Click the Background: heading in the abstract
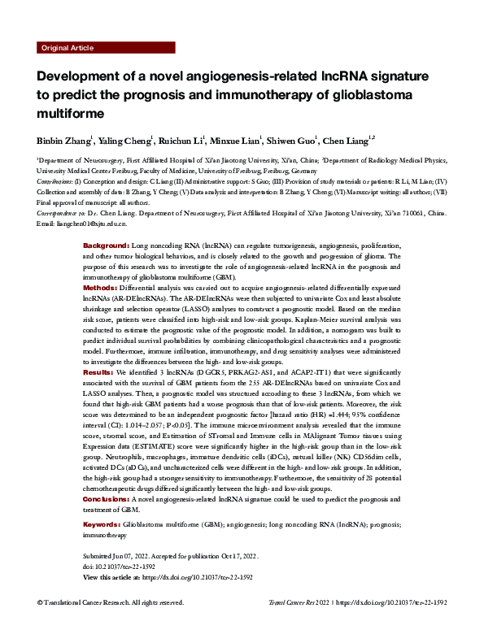[x=107, y=245]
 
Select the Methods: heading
[x=102, y=288]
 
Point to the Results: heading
[x=100, y=370]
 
